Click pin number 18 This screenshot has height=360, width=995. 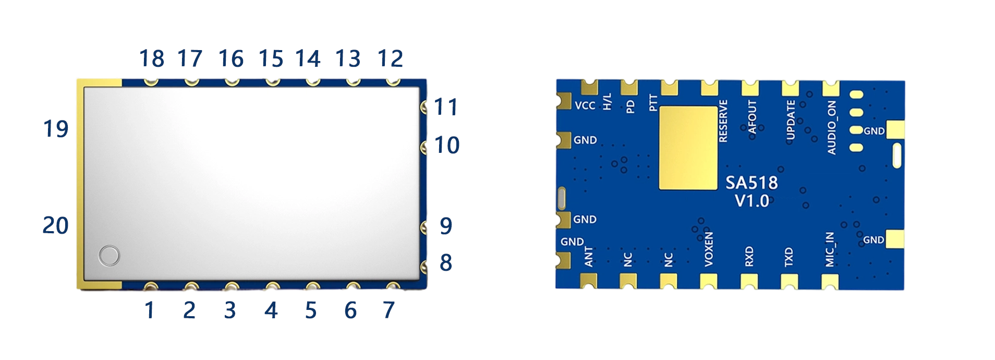point(152,58)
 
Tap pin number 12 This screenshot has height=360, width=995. point(390,58)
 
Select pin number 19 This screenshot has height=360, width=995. point(56,129)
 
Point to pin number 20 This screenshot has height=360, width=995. point(56,225)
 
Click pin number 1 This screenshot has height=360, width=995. point(150,310)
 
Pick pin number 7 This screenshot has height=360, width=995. point(389,310)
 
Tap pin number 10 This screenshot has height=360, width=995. point(447,145)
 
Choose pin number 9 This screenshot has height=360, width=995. point(446,226)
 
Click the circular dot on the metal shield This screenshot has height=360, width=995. point(110,256)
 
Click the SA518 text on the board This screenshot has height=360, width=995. point(751,183)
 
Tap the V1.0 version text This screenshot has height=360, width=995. point(751,201)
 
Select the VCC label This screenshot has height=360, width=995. point(585,105)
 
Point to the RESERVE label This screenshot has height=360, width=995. point(723,121)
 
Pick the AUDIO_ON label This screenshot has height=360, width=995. point(832,127)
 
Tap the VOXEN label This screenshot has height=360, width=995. point(709,249)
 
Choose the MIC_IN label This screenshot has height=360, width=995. point(830,249)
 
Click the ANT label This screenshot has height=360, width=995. point(589,257)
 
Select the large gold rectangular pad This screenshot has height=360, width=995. point(688,148)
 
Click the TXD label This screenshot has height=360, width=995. point(788,257)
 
